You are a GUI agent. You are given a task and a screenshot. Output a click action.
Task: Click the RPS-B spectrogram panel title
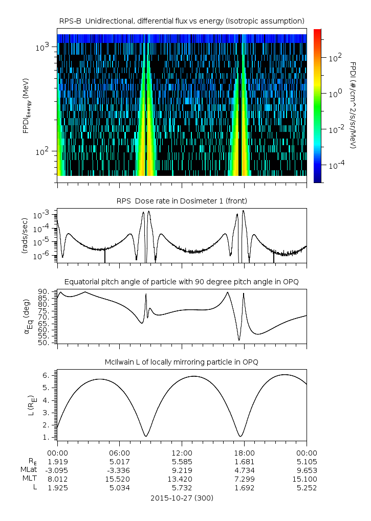(182, 20)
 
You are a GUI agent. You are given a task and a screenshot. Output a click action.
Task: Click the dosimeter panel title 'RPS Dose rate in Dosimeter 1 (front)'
(182, 200)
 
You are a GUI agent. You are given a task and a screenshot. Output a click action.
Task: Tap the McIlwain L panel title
(182, 362)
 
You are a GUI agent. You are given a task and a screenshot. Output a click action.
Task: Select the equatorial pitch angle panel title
(182, 282)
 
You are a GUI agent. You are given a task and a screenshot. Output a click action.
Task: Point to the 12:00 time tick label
(182, 453)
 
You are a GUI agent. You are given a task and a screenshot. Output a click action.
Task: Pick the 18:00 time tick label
(245, 453)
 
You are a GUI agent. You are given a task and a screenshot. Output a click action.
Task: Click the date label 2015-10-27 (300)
(182, 497)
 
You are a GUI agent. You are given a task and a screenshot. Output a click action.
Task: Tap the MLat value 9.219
(182, 470)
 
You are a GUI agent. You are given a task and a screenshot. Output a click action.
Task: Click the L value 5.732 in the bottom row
(182, 488)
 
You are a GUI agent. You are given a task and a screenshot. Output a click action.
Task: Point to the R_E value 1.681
(245, 462)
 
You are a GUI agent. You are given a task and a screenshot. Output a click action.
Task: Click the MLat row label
(29, 470)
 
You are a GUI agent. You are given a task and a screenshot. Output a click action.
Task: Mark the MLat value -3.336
(119, 470)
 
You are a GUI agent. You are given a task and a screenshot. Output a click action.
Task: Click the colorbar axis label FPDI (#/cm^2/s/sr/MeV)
(353, 105)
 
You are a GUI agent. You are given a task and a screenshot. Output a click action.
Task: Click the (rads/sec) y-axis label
(25, 236)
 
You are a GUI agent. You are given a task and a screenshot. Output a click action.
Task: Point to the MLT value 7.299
(245, 479)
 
